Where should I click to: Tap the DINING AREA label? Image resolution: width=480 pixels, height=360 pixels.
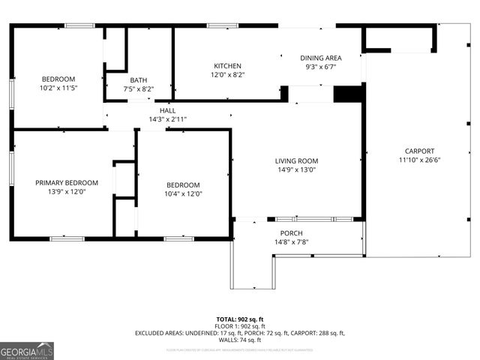[321, 58]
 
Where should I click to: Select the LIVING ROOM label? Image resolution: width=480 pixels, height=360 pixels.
[296, 160]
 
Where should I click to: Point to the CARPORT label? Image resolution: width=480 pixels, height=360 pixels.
[419, 151]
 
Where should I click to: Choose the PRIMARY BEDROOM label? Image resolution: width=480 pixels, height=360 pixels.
[67, 183]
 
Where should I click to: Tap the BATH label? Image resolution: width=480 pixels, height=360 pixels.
[138, 80]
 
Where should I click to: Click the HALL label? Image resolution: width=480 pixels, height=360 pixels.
[167, 110]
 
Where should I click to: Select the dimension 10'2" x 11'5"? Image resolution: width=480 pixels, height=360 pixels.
[58, 88]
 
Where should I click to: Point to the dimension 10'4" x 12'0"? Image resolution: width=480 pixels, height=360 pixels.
[183, 193]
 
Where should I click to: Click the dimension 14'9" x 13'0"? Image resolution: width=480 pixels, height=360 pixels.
[296, 169]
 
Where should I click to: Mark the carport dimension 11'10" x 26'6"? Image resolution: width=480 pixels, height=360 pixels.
[419, 160]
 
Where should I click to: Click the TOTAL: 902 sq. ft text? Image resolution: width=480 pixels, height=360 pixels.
[240, 319]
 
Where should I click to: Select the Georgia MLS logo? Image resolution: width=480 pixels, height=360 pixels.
[27, 351]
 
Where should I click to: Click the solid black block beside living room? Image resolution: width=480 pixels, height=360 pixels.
[348, 94]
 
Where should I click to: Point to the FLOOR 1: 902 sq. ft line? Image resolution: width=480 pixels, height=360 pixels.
[240, 326]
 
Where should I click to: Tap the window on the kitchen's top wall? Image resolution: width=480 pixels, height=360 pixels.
[223, 25]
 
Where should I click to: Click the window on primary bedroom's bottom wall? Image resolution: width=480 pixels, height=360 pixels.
[67, 238]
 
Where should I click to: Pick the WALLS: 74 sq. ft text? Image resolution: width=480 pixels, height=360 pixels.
[240, 340]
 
